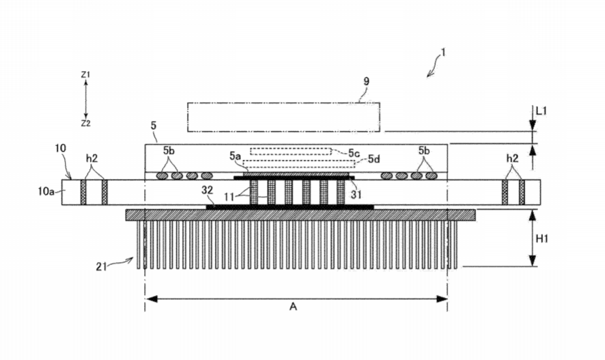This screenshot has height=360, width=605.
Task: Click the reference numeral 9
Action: click(366, 81)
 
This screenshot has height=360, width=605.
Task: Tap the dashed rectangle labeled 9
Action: click(284, 116)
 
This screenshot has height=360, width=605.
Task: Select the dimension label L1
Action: click(539, 109)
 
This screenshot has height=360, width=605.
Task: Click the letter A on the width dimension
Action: click(294, 307)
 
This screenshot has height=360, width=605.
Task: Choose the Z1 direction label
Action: click(85, 74)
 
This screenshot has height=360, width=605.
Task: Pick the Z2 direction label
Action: click(85, 124)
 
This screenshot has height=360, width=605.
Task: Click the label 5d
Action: click(374, 160)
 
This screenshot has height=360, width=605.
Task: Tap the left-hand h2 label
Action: click(93, 158)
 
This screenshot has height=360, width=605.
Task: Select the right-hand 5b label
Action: click(424, 150)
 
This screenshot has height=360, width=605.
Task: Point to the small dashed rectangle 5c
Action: click(291, 151)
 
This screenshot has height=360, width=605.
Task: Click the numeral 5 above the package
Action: click(153, 126)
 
